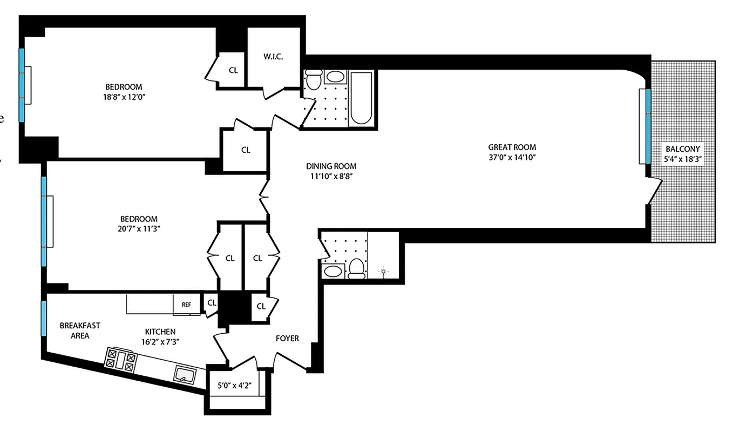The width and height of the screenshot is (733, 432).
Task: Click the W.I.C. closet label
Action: [x=273, y=57]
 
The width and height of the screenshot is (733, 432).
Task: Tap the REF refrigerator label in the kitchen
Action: [x=186, y=305]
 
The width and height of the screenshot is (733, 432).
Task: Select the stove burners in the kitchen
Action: [x=121, y=359]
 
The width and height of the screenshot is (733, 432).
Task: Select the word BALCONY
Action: [x=683, y=149]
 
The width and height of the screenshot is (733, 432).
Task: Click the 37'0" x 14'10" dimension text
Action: [x=512, y=157]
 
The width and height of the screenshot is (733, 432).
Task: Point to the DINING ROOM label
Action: [x=331, y=166]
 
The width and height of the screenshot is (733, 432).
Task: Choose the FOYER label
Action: [x=287, y=339]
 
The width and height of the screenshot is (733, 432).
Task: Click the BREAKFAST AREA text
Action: [x=79, y=330]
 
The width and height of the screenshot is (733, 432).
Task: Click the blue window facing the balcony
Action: [x=647, y=125]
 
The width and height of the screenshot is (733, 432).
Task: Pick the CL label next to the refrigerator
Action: [x=212, y=303]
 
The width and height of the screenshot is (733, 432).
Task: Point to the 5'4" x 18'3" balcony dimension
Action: [x=683, y=159]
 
